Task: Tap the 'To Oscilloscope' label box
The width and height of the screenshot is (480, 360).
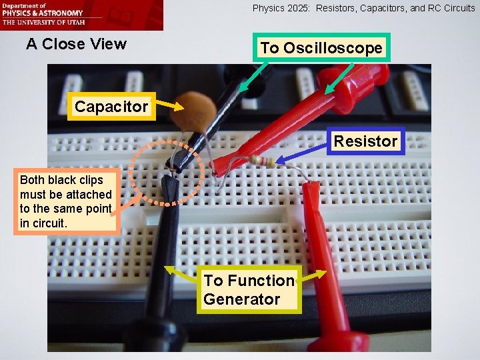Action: click(x=321, y=48)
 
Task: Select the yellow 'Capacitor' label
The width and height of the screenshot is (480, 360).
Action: click(x=111, y=107)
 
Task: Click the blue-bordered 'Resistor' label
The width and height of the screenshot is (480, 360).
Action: click(x=365, y=141)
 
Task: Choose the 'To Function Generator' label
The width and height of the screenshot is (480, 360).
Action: click(x=249, y=290)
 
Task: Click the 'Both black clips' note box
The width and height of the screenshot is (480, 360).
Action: click(x=66, y=201)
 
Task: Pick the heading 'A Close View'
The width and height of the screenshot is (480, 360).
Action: click(x=76, y=45)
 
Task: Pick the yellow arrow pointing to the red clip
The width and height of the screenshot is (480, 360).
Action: click(x=313, y=275)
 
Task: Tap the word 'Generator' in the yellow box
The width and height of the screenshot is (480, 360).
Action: click(x=242, y=299)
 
